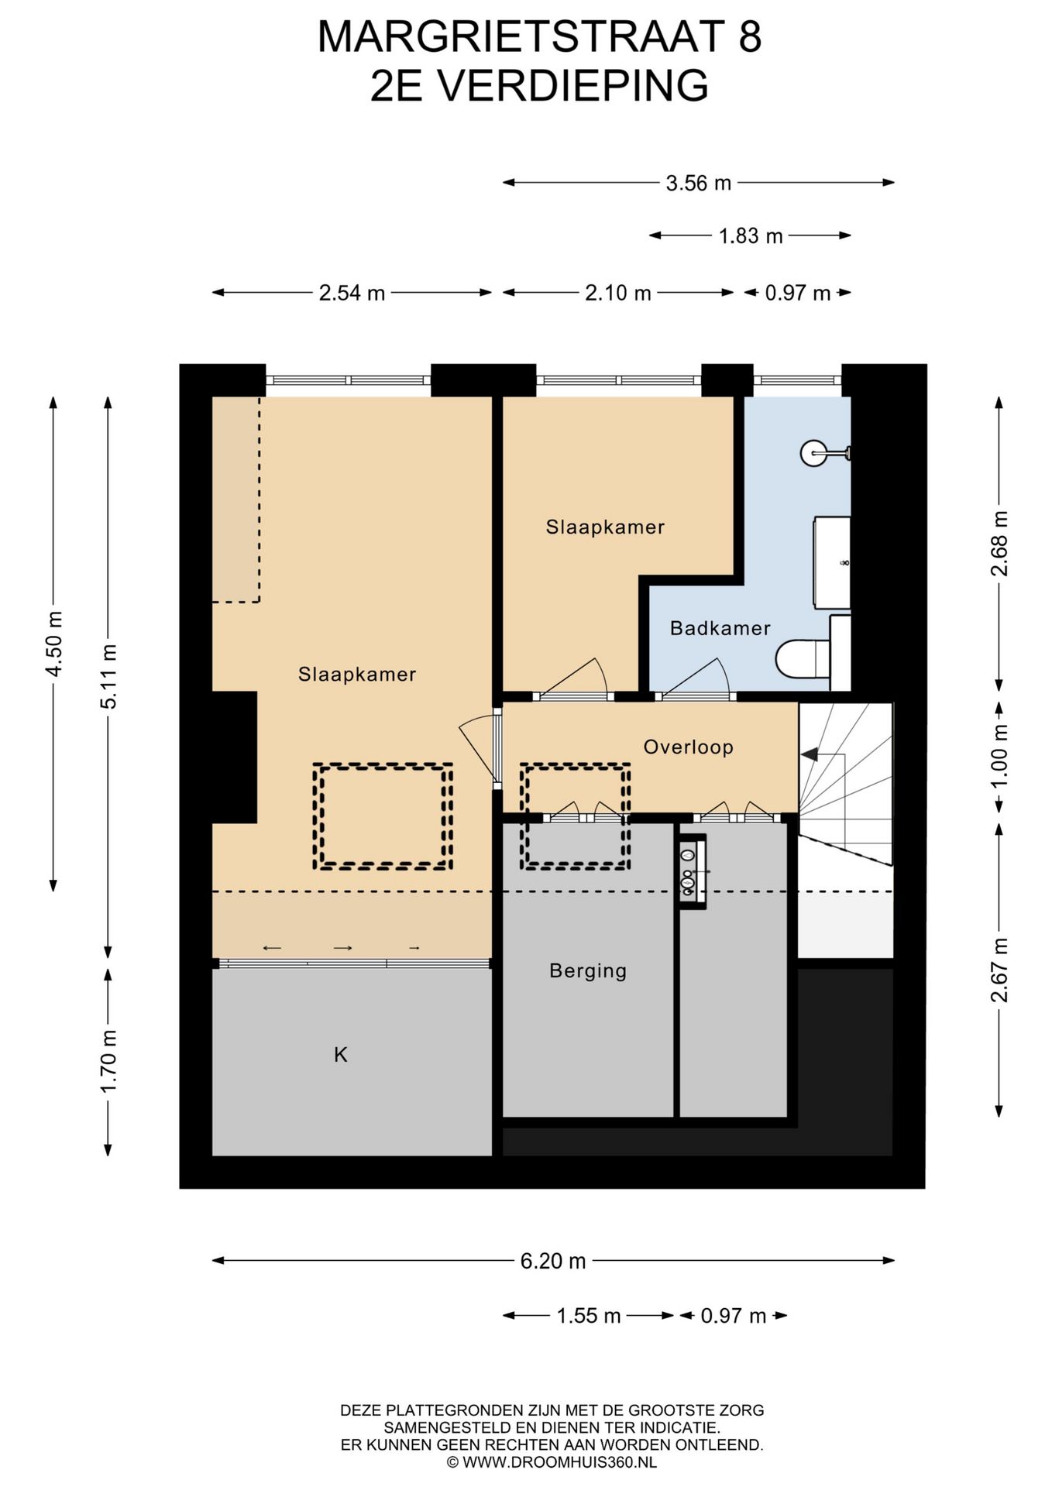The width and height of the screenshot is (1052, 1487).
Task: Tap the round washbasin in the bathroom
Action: (815, 453)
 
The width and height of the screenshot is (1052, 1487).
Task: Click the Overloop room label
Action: (688, 747)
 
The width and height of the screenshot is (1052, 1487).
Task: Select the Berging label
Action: (588, 970)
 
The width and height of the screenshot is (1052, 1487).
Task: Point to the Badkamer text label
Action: (720, 627)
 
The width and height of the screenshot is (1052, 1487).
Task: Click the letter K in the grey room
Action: (340, 1054)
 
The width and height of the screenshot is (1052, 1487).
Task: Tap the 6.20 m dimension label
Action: (553, 1261)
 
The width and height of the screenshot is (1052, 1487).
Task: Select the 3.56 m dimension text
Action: (699, 183)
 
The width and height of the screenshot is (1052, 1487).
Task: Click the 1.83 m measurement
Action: (751, 235)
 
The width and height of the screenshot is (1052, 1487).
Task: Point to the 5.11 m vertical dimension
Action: (108, 676)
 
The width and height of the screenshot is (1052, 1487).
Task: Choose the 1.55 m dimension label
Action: (589, 1316)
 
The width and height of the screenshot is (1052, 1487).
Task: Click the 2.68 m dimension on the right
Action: (999, 544)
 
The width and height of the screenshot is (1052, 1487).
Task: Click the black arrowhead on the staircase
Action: (810, 754)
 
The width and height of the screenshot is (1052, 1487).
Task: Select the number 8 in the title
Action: (750, 36)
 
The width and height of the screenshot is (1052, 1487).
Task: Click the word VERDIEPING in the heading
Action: (572, 85)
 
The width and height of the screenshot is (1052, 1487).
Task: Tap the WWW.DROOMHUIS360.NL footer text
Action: (559, 1462)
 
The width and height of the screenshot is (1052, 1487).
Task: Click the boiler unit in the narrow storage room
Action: (693, 871)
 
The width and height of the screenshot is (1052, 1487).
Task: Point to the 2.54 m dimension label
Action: (352, 293)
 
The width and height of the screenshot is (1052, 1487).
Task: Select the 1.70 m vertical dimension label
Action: (108, 1060)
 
